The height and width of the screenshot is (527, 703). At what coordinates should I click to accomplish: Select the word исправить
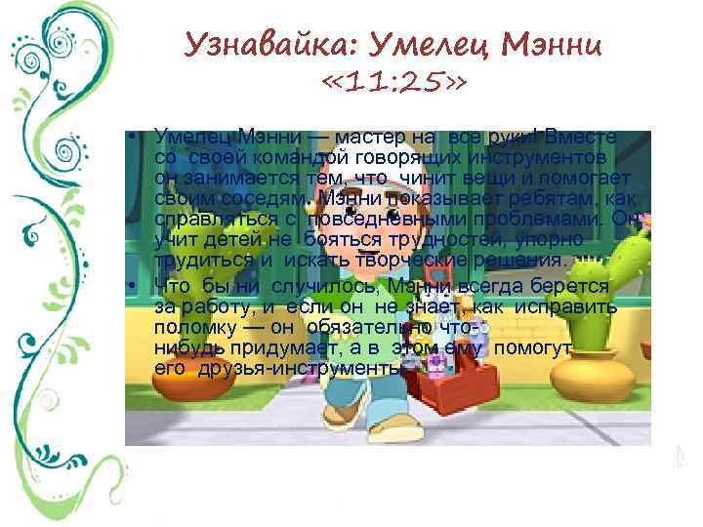click(x=567, y=305)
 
